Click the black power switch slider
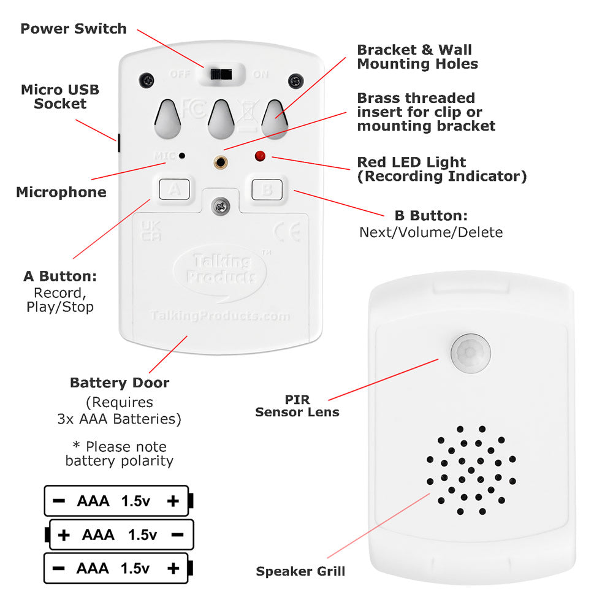point(221,74)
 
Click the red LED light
point(261,156)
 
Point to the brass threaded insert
point(221,162)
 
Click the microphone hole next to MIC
point(182,156)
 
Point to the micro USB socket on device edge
point(118,142)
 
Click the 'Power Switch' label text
point(74,29)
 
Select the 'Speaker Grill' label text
point(300,571)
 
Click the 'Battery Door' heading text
point(120,383)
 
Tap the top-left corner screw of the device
point(147,80)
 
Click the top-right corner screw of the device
point(296,80)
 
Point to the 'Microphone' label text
point(61,192)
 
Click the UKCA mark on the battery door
point(151,230)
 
